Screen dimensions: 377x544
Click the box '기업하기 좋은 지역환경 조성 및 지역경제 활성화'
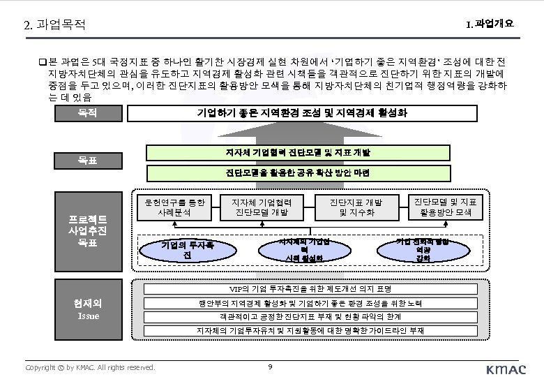click(302, 112)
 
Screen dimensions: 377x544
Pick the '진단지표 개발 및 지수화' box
click(356, 206)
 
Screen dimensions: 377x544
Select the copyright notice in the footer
click(90, 367)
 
